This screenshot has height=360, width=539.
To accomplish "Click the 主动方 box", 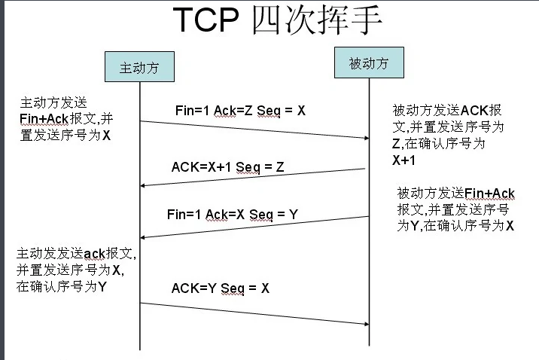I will pos(140,66).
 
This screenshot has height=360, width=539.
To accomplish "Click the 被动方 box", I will pos(369,63).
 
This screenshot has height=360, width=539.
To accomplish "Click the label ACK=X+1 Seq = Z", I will pos(228,166).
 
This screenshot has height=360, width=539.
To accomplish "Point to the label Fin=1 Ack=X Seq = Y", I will pos(233,215).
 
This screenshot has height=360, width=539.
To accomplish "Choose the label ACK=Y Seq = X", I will pos(220,288).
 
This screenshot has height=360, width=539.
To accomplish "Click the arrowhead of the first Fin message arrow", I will pos(364,137).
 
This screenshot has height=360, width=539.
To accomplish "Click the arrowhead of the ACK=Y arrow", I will pos(364,324).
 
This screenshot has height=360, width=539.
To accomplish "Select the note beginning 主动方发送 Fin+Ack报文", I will pos(68,119).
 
